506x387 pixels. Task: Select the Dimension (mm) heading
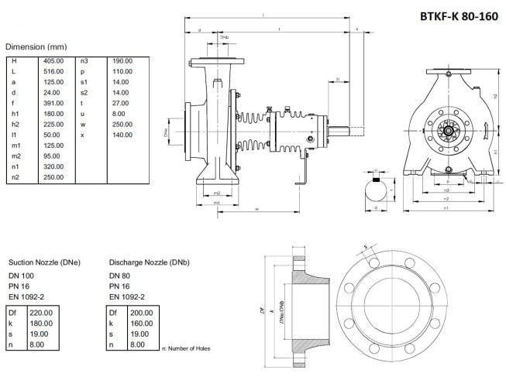coord(37,46)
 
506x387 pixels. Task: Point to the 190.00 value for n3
coord(122,60)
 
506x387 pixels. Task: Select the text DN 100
coord(22,276)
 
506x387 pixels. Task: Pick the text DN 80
coord(120,276)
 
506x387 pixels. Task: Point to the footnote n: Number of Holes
coord(186,348)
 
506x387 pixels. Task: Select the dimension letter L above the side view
coord(266,15)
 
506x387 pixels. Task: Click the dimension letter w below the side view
coord(256,209)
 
